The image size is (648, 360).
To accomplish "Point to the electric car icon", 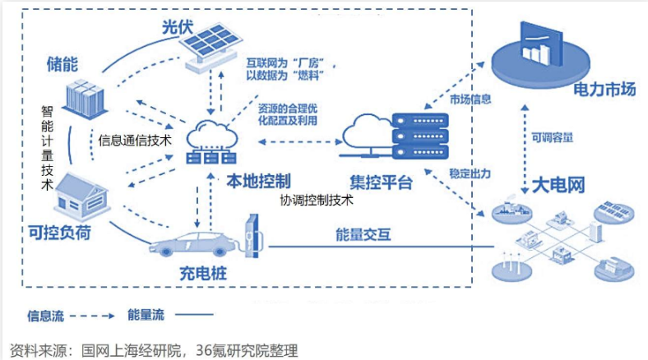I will tap(188, 242).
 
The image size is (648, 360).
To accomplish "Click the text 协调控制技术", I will tap(317, 200).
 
